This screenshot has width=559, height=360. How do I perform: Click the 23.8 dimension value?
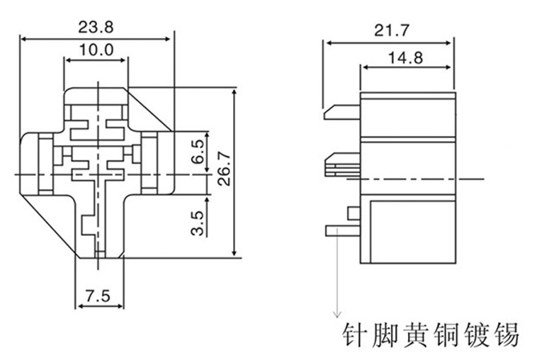96,27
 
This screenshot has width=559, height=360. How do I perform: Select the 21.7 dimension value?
387,30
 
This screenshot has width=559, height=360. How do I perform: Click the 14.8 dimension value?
405,57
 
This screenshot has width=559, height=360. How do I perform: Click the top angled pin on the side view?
341,112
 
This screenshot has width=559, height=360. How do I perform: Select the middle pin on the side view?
342,166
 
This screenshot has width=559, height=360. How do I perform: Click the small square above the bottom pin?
354,212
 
